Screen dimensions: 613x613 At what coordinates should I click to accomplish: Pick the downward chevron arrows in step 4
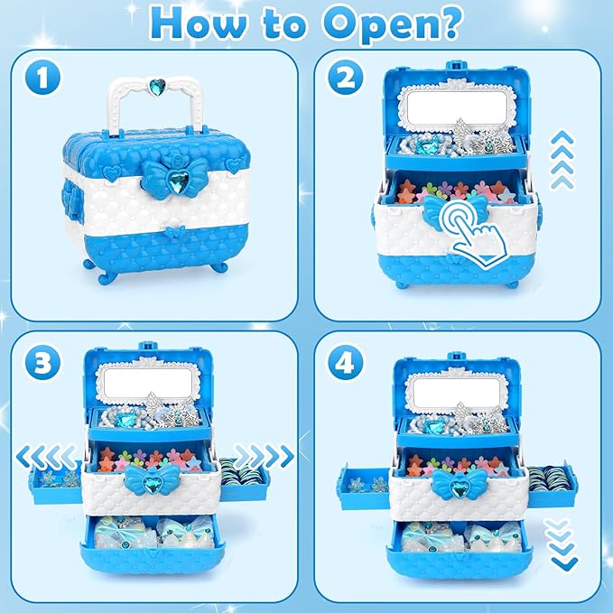pyautogui.click(x=564, y=552)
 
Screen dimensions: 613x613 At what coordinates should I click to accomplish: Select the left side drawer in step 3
pyautogui.click(x=56, y=482)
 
